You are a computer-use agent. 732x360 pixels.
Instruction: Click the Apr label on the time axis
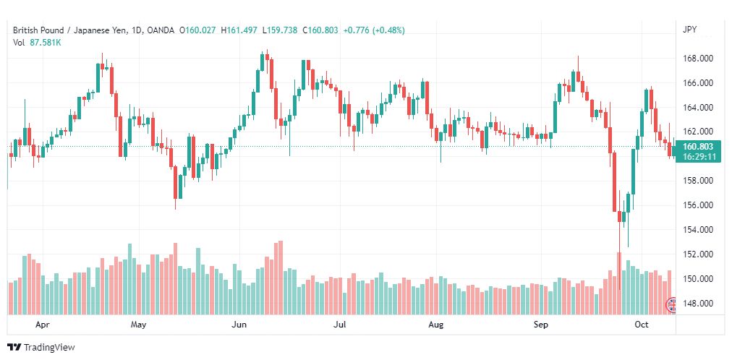tap(42, 325)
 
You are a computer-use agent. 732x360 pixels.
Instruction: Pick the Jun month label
tap(239, 325)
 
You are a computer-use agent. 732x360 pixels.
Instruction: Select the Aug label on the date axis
tap(435, 325)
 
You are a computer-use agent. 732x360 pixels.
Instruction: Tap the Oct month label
tap(642, 325)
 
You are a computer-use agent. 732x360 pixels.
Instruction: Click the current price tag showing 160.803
tap(697, 147)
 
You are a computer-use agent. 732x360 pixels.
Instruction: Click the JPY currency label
tap(689, 30)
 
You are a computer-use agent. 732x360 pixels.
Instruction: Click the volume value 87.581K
tap(46, 43)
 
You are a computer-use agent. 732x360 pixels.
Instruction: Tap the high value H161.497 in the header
tap(239, 30)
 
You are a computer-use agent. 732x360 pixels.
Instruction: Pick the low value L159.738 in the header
tap(280, 30)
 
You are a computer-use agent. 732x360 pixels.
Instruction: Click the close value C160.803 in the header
tap(320, 30)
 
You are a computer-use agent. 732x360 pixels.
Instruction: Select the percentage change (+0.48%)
tap(388, 30)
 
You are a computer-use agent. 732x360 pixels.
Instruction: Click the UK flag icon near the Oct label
tap(671, 305)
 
